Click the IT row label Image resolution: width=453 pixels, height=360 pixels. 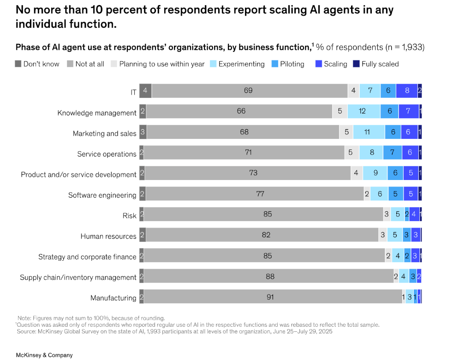(x=133, y=92)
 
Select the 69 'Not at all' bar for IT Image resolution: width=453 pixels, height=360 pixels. (x=249, y=91)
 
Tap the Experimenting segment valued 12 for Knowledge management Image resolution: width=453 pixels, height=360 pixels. (x=364, y=111)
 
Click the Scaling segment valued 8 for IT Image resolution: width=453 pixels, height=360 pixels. (x=407, y=91)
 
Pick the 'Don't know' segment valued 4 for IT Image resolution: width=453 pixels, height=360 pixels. (x=145, y=91)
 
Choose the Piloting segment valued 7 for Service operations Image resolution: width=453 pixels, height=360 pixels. (x=392, y=152)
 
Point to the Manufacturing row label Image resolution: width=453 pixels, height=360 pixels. (x=113, y=298)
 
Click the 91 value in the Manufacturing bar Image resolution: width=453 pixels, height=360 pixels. (x=270, y=297)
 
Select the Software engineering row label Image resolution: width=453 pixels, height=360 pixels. (x=102, y=195)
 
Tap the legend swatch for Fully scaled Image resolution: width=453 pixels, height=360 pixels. (x=356, y=64)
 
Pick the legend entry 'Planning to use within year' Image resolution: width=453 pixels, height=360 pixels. (x=161, y=64)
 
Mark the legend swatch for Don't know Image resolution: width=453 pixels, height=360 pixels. (x=18, y=64)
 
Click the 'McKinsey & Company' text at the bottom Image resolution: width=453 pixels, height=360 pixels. (x=44, y=355)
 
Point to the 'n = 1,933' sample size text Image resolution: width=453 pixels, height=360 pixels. (x=405, y=47)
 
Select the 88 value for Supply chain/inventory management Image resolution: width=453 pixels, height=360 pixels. (x=270, y=276)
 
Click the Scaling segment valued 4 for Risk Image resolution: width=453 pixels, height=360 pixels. (x=414, y=214)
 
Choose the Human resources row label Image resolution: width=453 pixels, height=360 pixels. (x=108, y=236)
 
